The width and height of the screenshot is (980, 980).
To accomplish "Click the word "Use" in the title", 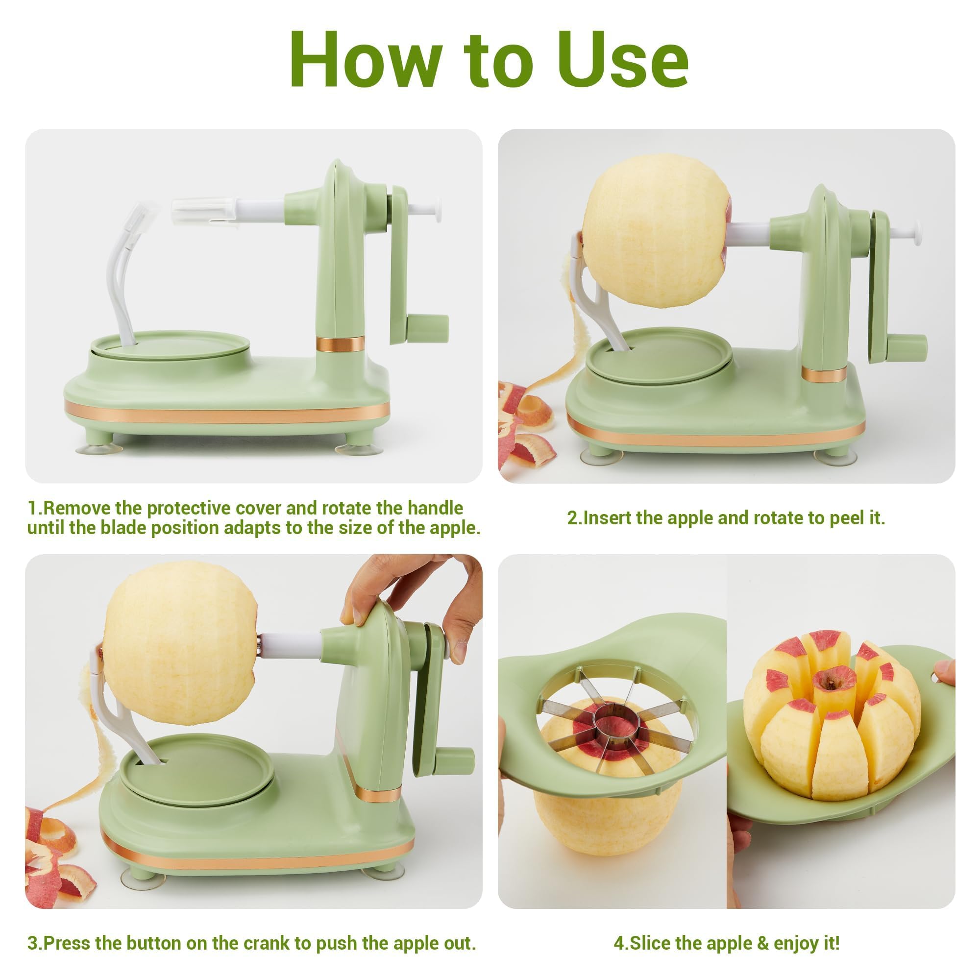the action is point(623,60).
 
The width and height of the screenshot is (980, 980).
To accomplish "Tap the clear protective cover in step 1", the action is point(203,210).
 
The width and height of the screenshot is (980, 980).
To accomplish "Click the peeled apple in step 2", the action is point(657,231).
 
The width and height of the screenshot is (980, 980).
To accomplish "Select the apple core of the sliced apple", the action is point(832,682).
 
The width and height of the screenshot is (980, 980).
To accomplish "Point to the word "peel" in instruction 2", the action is point(848,518).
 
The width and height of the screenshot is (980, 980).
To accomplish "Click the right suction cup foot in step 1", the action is point(356,448).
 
